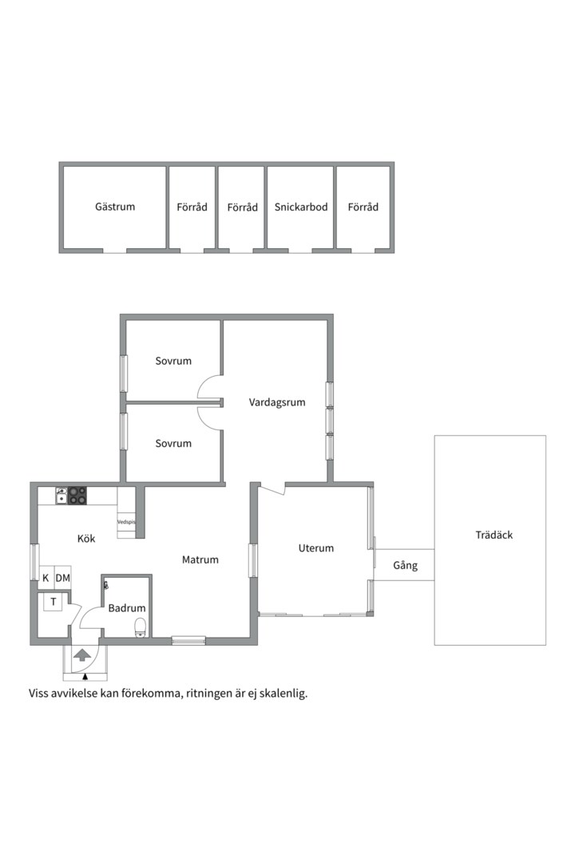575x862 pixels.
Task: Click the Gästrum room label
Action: click(115, 207)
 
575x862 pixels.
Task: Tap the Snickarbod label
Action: click(300, 207)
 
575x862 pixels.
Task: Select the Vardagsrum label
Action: click(277, 402)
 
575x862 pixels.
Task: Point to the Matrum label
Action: click(200, 560)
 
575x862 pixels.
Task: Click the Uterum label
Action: click(315, 548)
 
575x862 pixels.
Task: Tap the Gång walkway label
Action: click(405, 566)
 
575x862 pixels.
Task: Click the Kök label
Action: click(86, 539)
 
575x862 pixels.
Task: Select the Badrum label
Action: click(126, 608)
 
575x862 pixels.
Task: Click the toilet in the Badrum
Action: click(141, 627)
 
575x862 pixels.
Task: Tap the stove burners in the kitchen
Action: click(77, 496)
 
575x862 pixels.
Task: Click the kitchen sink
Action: click(61, 496)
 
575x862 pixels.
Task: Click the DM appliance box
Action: click(63, 578)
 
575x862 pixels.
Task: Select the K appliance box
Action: click(46, 578)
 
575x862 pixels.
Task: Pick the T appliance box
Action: click(54, 601)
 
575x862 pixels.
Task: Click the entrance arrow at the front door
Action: click(82, 655)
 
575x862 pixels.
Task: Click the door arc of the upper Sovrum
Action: click(209, 387)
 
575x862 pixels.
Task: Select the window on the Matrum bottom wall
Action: click(188, 639)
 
